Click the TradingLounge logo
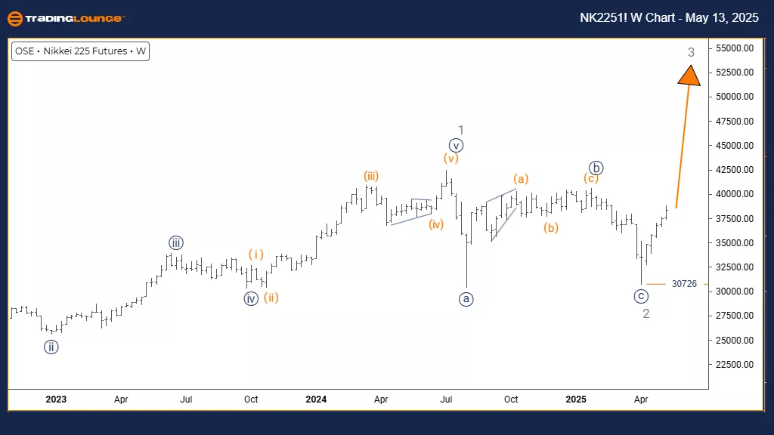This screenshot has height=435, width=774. coord(66,18)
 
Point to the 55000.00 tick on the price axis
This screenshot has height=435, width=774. coord(736,48)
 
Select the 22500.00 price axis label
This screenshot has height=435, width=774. coord(736,365)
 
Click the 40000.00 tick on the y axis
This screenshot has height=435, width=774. coord(736,194)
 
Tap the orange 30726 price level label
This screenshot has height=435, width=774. coord(684,284)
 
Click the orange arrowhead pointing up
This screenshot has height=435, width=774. coord(689,76)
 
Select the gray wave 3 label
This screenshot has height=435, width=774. coord(691,52)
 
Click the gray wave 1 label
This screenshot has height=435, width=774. coord(460,130)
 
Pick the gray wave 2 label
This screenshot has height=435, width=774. coord(646,313)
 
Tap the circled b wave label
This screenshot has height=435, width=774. coord(596,168)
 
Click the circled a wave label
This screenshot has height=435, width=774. coord(466,299)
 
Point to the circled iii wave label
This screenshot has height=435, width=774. coord(175,242)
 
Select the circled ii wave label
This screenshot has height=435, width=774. coord(51,347)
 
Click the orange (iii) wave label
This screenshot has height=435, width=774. coord(370,176)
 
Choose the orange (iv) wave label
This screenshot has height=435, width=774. coord(435,224)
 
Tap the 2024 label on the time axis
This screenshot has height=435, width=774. coord(316,399)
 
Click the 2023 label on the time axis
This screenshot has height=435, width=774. coord(56,399)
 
